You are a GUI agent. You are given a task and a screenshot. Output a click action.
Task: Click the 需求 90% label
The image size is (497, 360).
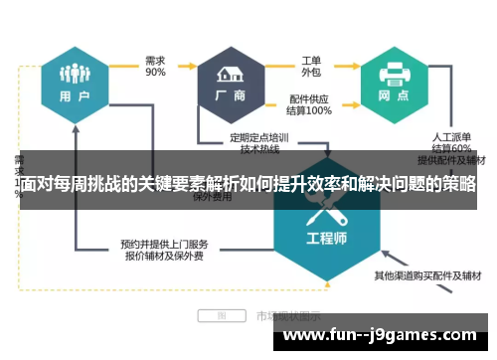tap(156, 66)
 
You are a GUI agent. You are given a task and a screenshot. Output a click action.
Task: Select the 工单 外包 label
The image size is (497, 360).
tap(310, 66)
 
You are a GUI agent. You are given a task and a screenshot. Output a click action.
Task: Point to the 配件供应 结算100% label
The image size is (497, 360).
tap(310, 105)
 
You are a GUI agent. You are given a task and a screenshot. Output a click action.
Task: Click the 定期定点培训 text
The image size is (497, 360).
tap(261, 137)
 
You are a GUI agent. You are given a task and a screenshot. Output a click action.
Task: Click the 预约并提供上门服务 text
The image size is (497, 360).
tap(163, 243)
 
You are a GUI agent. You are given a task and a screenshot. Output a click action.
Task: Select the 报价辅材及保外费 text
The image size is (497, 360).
tap(163, 256)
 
